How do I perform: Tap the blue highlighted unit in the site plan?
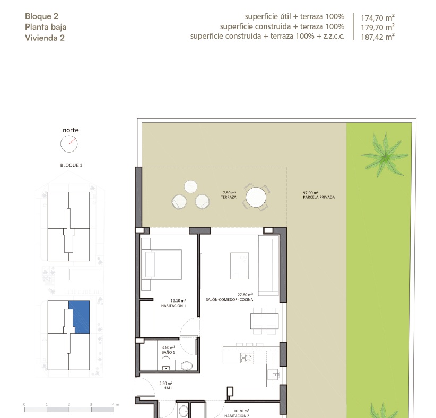pos(80,317)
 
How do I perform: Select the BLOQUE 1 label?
pos(71,165)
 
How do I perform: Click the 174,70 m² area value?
pos(377,17)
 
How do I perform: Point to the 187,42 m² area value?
pos(377,37)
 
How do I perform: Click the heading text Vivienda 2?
pos(45,38)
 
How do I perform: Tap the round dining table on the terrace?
pos(256,197)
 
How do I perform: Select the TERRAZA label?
pos(229,197)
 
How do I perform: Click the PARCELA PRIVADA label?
pos(319,197)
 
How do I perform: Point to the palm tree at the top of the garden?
pos(385,156)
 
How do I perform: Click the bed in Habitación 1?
pos(162,264)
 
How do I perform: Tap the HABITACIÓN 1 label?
pos(173,306)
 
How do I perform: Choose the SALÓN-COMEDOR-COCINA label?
pos(229,300)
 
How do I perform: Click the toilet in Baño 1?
pos(166,363)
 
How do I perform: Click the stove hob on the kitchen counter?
pos(246,358)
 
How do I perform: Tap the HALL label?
pos(168,388)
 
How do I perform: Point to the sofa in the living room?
pos(268,265)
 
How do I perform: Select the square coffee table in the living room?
pos(239,265)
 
